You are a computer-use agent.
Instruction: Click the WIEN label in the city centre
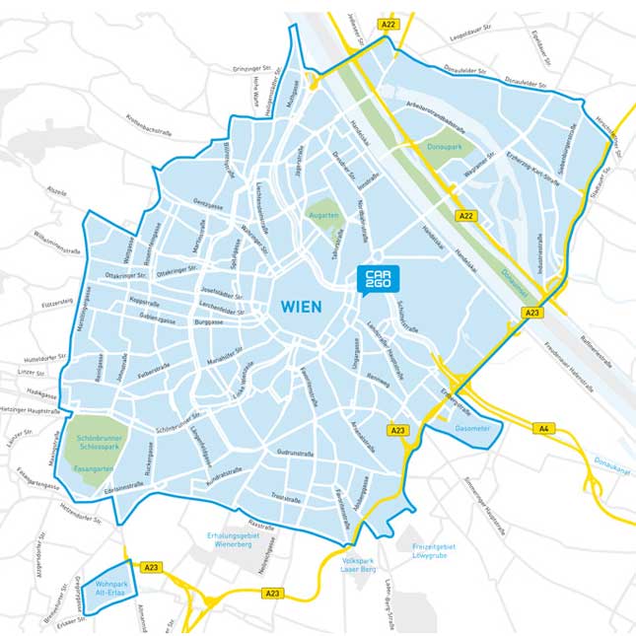pyautogui.click(x=301, y=308)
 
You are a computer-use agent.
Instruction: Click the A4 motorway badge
pyautogui.click(x=543, y=428)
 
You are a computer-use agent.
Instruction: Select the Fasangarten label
pyautogui.click(x=96, y=469)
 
